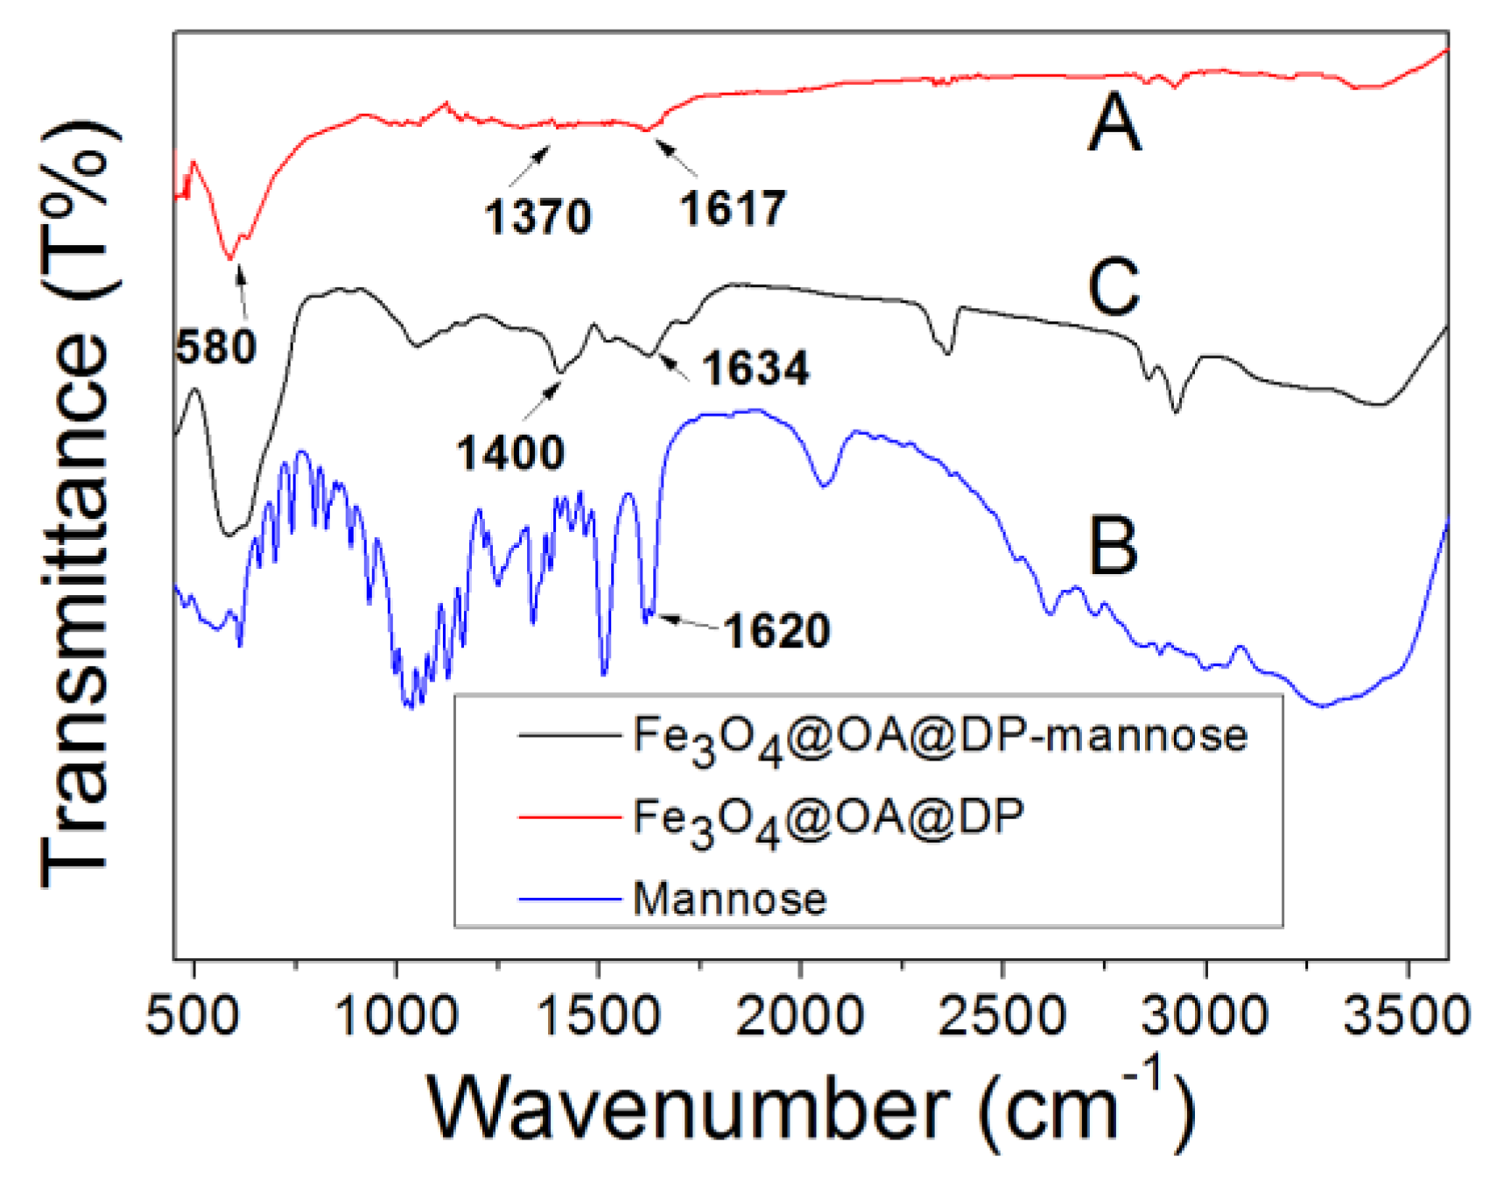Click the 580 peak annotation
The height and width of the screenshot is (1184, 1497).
(x=215, y=347)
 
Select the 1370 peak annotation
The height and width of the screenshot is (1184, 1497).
(x=538, y=216)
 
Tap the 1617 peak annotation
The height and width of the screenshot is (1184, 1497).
(x=733, y=208)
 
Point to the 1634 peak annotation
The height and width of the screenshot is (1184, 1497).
(x=756, y=368)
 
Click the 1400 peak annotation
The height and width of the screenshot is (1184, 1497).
(x=510, y=453)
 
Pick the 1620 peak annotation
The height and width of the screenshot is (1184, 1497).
(x=777, y=631)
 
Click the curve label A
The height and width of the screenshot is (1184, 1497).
(x=1114, y=123)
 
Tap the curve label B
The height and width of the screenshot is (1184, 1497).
(x=1112, y=546)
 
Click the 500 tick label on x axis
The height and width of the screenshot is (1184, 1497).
(x=193, y=1016)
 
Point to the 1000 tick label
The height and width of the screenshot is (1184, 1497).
(x=396, y=1016)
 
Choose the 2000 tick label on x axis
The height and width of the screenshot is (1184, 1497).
(x=800, y=1016)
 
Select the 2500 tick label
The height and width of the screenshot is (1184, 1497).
(x=1002, y=1016)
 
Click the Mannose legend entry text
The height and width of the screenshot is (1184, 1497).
(x=729, y=899)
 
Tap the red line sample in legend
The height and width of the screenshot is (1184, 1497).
(x=569, y=816)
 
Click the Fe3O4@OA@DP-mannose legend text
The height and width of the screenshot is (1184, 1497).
(x=939, y=735)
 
